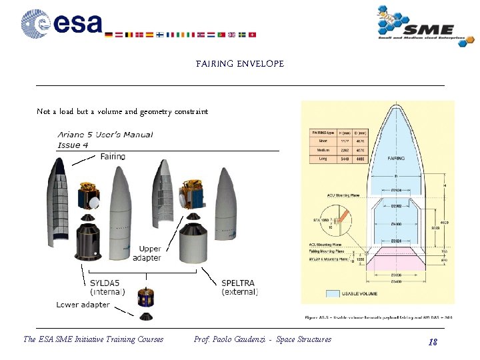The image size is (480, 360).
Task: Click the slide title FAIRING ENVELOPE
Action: click(240, 64)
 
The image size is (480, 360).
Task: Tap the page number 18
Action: click(433, 342)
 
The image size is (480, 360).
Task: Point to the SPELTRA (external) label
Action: click(239, 287)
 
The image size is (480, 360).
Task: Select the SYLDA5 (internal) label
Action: click(107, 287)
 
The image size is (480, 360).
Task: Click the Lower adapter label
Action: click(83, 305)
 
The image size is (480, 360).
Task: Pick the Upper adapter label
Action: click(147, 253)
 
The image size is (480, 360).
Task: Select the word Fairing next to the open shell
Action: click(113, 156)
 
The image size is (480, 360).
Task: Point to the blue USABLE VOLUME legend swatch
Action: click(334, 293)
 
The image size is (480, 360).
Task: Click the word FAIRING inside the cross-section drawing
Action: click(396, 159)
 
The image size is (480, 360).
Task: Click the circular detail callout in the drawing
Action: click(341, 217)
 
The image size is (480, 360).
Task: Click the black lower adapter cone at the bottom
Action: click(146, 315)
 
